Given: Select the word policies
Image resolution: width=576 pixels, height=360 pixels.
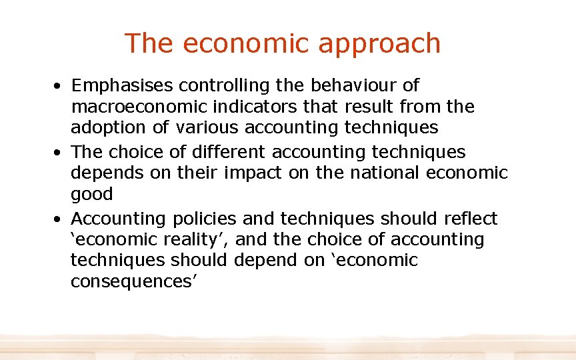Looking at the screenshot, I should (205, 219).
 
